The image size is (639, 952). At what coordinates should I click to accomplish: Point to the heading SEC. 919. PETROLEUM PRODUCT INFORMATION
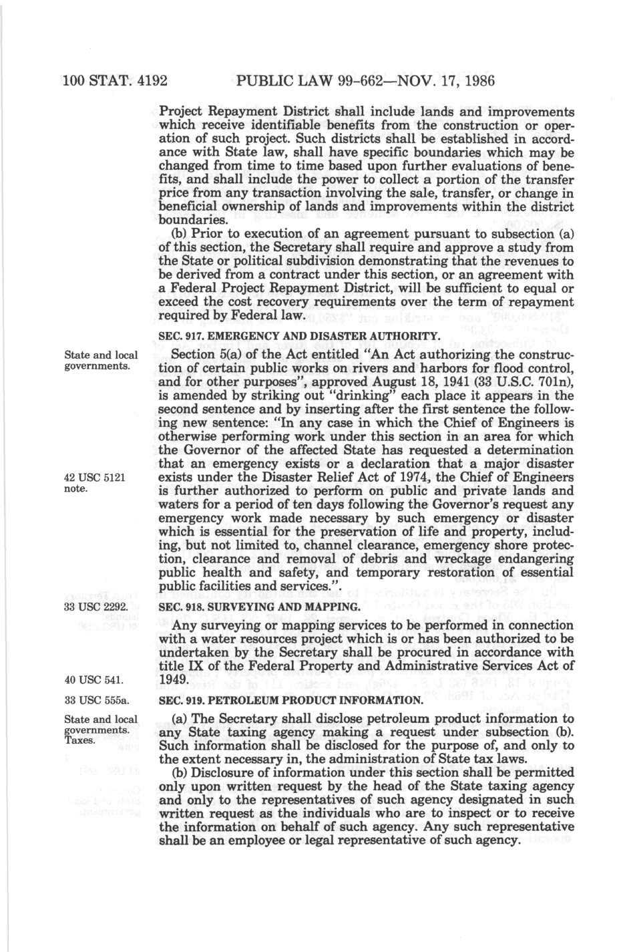click(290, 701)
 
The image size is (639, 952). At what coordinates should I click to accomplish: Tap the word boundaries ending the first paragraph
click(194, 220)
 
